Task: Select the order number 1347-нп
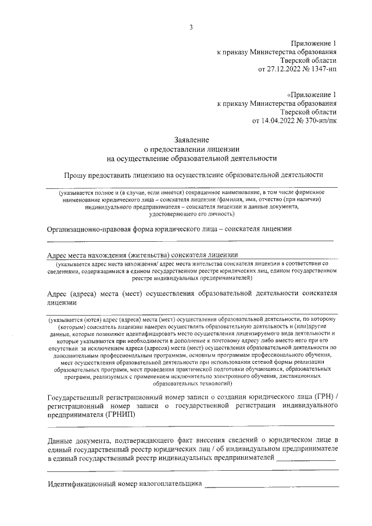(323, 69)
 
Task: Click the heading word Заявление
(192, 139)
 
